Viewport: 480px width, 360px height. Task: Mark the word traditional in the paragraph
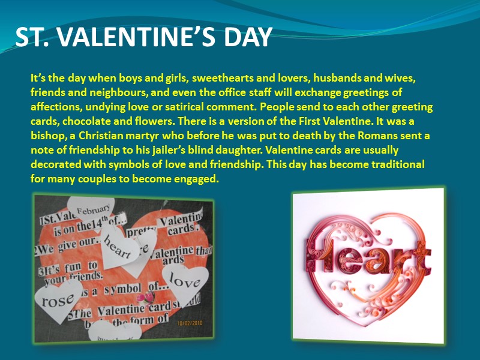tap(389, 164)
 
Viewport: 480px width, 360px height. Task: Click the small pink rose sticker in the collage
tap(143, 297)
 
